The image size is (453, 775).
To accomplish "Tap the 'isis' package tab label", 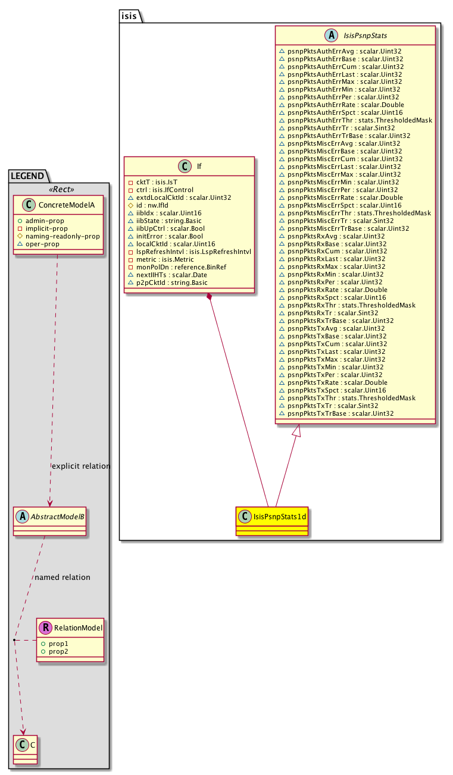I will pyautogui.click(x=129, y=16).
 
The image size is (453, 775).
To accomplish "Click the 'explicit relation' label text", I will pyautogui.click(x=81, y=466).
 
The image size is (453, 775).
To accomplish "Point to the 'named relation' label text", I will pyautogui.click(x=63, y=577).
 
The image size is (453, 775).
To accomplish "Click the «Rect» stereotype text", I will pyautogui.click(x=58, y=190).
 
